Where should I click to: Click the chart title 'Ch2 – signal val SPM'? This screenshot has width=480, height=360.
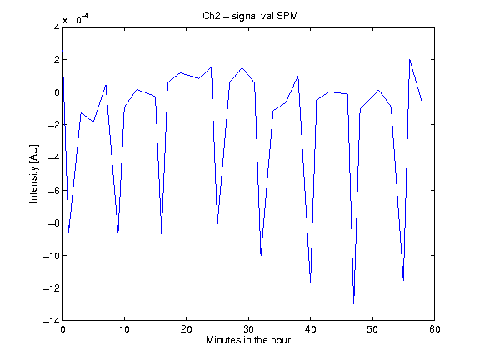(x=250, y=16)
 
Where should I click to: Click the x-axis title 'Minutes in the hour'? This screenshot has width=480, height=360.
(x=248, y=340)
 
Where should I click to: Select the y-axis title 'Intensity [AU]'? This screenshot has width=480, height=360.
(x=34, y=173)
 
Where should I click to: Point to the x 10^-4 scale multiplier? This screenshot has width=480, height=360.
(x=76, y=18)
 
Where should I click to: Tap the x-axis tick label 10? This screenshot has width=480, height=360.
(x=124, y=329)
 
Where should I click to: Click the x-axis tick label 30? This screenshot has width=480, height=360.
(x=248, y=329)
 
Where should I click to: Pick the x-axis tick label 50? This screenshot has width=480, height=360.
(x=372, y=329)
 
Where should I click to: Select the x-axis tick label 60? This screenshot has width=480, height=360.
(x=434, y=329)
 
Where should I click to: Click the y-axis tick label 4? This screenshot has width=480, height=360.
(x=57, y=27)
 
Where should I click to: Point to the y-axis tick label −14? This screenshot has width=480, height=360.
(x=51, y=321)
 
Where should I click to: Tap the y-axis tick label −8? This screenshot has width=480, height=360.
(x=54, y=222)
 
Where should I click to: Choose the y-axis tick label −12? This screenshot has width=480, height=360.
(x=51, y=287)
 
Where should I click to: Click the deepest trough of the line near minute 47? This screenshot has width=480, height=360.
(x=353, y=303)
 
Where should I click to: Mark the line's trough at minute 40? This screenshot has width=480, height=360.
(x=310, y=282)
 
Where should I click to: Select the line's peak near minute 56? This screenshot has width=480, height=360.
(x=410, y=59)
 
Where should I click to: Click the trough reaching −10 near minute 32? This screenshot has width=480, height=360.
(x=261, y=255)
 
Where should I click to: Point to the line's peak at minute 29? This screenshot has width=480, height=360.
(x=242, y=67)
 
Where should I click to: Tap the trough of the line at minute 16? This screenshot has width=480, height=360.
(x=162, y=234)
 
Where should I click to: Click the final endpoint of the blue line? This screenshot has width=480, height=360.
(x=422, y=102)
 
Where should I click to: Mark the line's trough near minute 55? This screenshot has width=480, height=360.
(x=403, y=280)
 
